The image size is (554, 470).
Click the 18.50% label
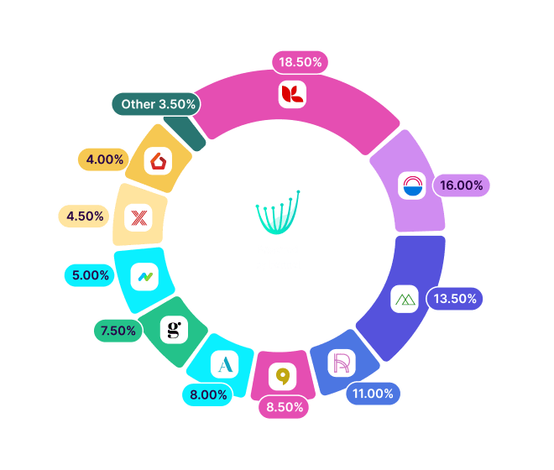pyautogui.click(x=300, y=62)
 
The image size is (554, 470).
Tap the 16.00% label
pyautogui.click(x=461, y=185)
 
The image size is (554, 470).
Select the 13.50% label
pyautogui.click(x=455, y=299)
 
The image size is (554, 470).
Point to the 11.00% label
pyautogui.click(x=373, y=394)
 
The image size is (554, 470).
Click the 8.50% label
pyautogui.click(x=285, y=407)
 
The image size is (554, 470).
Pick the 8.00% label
pyautogui.click(x=208, y=394)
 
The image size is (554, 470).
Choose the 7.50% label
pyautogui.click(x=118, y=331)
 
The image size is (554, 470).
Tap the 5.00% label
pyautogui.click(x=90, y=275)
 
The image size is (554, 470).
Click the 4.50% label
pyautogui.click(x=85, y=216)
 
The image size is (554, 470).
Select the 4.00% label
pyautogui.click(x=104, y=159)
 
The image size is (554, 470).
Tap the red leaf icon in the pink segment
pyautogui.click(x=292, y=94)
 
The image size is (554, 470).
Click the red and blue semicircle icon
pyautogui.click(x=412, y=185)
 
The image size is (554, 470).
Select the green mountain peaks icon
pyautogui.click(x=405, y=299)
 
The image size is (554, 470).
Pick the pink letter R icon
pyautogui.click(x=342, y=363)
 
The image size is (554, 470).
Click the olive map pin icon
pyautogui.click(x=282, y=376)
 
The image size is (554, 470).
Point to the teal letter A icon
pyautogui.click(x=225, y=364)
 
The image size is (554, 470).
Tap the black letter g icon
pyautogui.click(x=174, y=330)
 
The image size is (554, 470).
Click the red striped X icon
pyautogui.click(x=138, y=217)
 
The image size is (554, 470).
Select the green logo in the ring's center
pyautogui.click(x=278, y=212)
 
